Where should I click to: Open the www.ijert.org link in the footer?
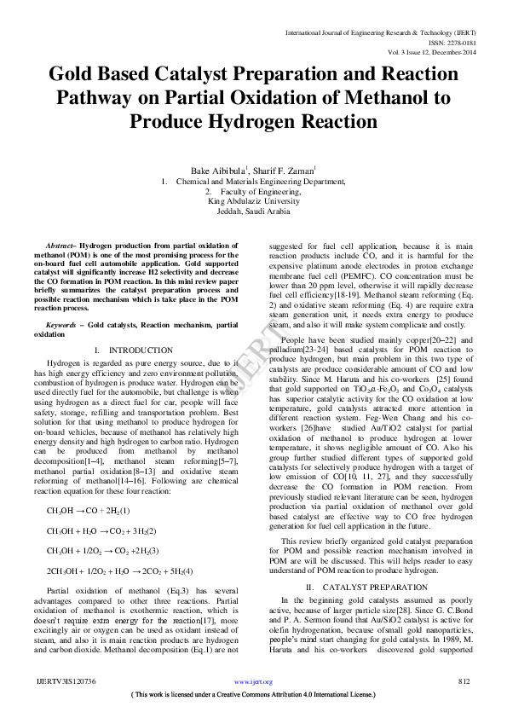pyautogui.click(x=253, y=682)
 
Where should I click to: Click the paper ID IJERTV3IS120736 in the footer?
pyautogui.click(x=66, y=682)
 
